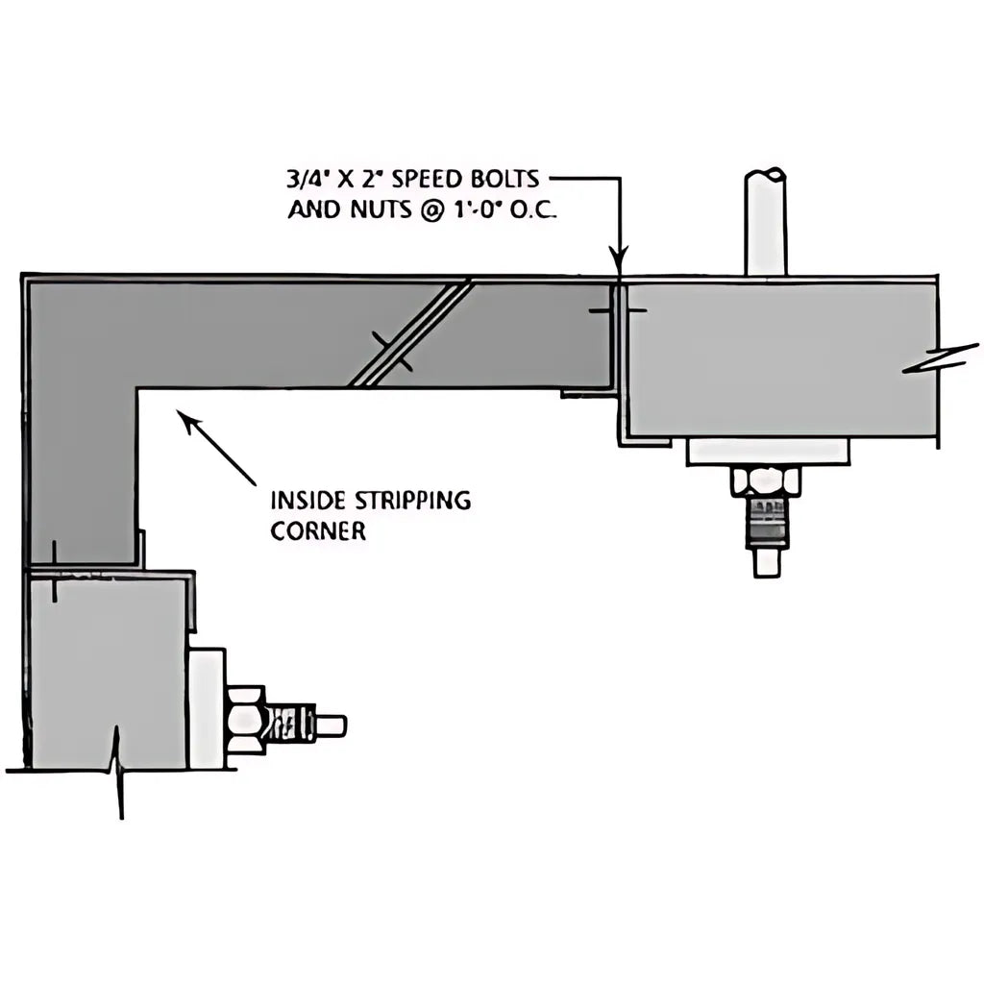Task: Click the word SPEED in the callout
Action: [434, 181]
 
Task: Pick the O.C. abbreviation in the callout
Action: [531, 209]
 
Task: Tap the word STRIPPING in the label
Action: [403, 501]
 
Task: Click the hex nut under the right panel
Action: [766, 480]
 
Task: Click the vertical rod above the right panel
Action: [766, 221]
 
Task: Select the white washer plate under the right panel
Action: [768, 451]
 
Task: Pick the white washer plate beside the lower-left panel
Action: [207, 709]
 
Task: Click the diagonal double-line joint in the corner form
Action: [411, 332]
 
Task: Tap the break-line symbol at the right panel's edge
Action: [940, 360]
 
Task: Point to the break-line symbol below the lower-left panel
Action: [119, 769]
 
